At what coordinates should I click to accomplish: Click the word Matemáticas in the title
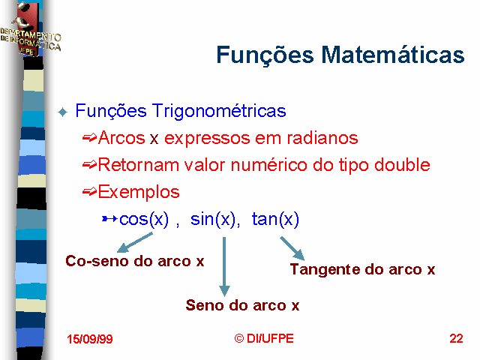point(393,55)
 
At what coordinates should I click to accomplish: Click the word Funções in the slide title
point(265,55)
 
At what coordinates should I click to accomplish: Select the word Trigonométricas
point(219,111)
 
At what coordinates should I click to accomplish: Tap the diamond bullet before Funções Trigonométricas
point(62,112)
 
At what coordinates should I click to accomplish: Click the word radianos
point(322,138)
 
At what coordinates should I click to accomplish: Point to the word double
point(402,165)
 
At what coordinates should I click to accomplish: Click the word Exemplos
point(139,193)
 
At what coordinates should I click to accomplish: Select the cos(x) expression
point(144,219)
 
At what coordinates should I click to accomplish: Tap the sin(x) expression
point(213,219)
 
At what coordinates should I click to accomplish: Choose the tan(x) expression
point(275,219)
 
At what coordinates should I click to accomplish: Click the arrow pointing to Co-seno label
point(135,242)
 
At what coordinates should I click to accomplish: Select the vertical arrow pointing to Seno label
point(224,267)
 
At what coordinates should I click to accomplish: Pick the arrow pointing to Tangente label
point(292,248)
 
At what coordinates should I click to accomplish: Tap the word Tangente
point(325,270)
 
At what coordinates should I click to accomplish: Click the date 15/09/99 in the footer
point(90,339)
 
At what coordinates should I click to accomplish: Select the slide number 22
point(456,338)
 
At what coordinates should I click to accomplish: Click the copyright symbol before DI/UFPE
point(239,338)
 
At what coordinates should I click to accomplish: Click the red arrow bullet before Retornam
point(90,165)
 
